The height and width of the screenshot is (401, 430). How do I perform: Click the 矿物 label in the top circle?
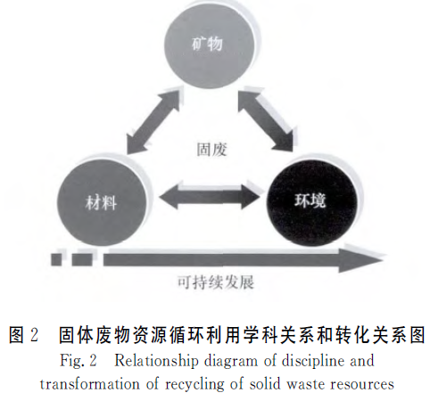(207, 45)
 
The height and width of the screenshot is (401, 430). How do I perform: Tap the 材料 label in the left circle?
(101, 203)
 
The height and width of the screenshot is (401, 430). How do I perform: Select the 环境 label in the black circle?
(310, 200)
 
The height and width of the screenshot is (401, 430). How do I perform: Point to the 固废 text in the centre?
(211, 150)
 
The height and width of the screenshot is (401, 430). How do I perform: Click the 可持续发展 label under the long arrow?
(216, 282)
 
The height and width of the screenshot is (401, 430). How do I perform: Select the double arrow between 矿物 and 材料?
(153, 120)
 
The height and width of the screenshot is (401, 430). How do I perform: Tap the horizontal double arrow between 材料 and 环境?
(209, 197)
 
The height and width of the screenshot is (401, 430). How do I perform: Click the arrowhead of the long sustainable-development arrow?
(360, 260)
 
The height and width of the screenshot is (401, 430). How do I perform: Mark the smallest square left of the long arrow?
(56, 259)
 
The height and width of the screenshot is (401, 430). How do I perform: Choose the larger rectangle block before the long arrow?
(82, 259)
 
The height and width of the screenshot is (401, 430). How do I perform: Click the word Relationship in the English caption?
(156, 361)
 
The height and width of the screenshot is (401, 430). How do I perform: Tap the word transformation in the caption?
(90, 384)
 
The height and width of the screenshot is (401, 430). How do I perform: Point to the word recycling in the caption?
(194, 385)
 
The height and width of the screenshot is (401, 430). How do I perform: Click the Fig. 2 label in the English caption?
(79, 361)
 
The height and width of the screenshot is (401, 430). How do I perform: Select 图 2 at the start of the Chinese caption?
(24, 335)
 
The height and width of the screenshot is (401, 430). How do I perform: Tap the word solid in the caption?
(265, 384)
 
